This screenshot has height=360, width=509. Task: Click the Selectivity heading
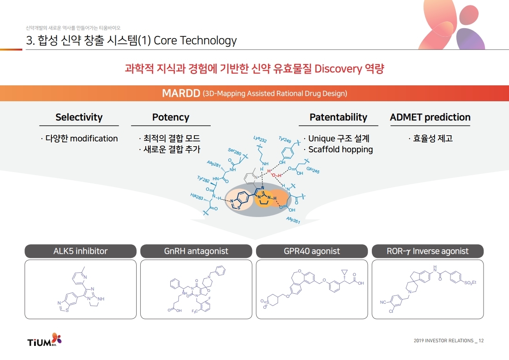point(79,117)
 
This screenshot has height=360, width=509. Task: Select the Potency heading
point(171,118)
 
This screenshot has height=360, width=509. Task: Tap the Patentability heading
point(338,117)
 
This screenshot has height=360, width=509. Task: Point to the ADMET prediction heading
point(430,117)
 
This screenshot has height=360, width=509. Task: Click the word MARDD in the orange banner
point(181,94)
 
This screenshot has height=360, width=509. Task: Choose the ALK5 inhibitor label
point(80,251)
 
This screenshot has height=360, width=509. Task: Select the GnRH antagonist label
point(196,251)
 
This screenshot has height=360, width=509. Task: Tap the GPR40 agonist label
point(311,251)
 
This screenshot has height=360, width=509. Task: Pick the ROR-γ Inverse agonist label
point(428,251)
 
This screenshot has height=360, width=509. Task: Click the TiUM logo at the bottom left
point(44,340)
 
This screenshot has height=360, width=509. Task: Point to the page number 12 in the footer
point(481,340)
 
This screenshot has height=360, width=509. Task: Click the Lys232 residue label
point(260,139)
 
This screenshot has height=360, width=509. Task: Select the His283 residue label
point(197,197)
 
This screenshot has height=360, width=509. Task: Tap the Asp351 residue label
point(293,220)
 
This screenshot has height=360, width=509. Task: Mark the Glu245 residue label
point(313,170)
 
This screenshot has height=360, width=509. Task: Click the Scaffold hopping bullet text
point(341,149)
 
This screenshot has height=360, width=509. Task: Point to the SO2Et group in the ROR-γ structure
point(470,283)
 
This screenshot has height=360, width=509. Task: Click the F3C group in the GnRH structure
point(195,311)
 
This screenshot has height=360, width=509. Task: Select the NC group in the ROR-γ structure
point(383,302)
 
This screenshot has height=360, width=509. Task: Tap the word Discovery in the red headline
point(338,69)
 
